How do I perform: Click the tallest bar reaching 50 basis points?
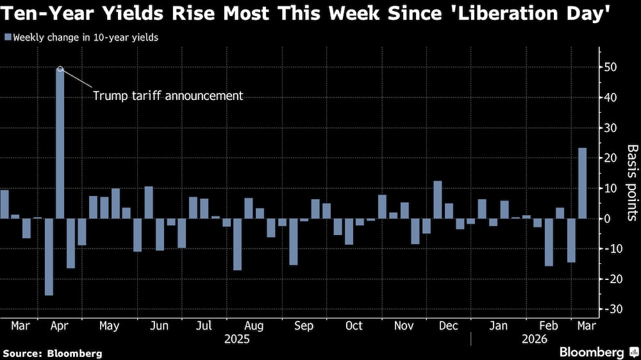pyautogui.click(x=60, y=144)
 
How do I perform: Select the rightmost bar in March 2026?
pyautogui.click(x=583, y=183)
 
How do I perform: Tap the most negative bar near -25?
pyautogui.click(x=49, y=256)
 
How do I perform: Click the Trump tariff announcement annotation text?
pyautogui.click(x=168, y=96)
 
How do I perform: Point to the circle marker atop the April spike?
pyautogui.click(x=60, y=69)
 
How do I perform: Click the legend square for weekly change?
pyautogui.click(x=7, y=37)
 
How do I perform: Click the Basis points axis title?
pyautogui.click(x=631, y=183)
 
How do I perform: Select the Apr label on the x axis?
pyautogui.click(x=60, y=326)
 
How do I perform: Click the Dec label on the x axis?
pyautogui.click(x=449, y=326)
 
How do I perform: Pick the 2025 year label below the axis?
pyautogui.click(x=237, y=339)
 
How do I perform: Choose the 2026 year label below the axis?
pyautogui.click(x=535, y=339)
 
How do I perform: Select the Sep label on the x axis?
pyautogui.click(x=304, y=326)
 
